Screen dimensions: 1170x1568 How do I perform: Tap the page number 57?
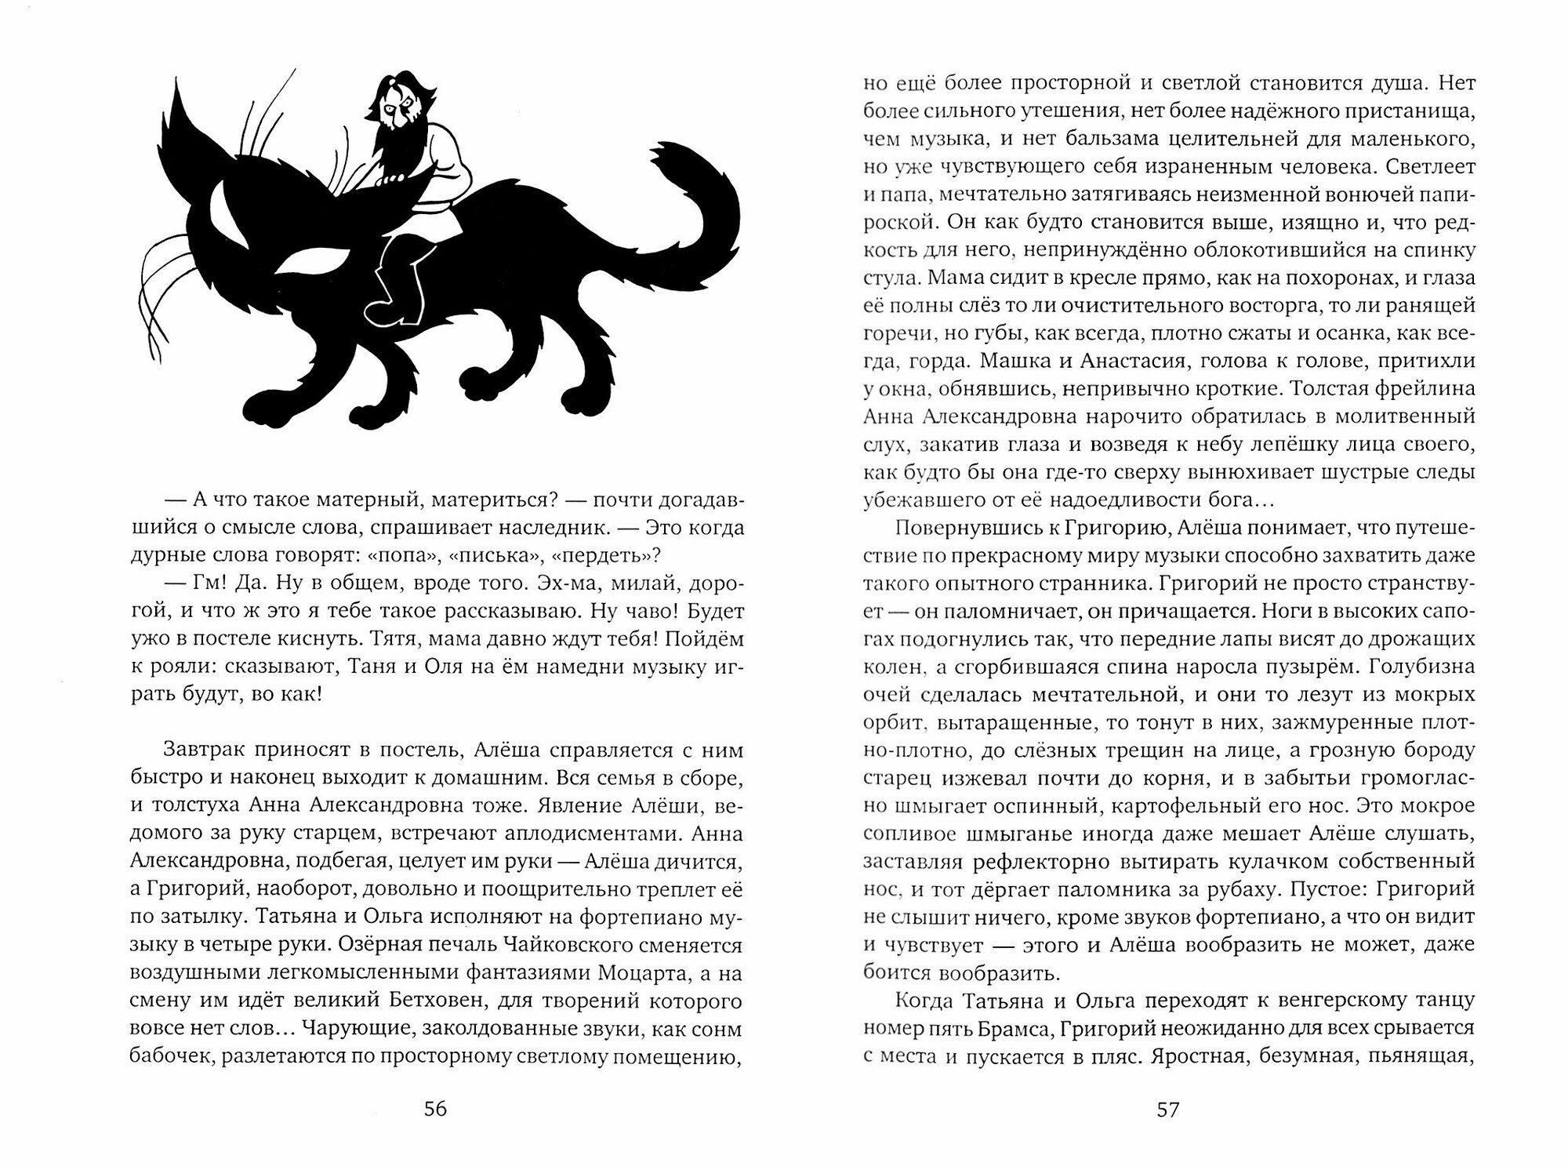coord(1168,1109)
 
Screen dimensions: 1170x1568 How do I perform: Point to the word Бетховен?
coord(384,1001)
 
